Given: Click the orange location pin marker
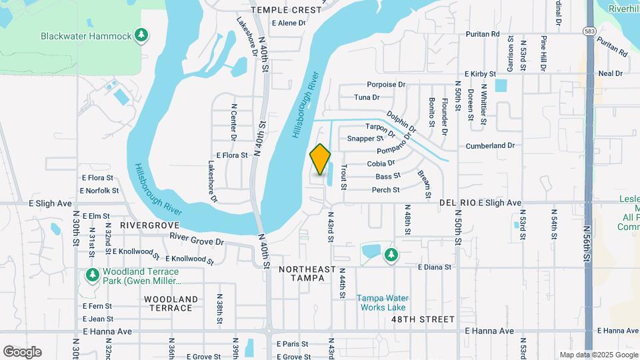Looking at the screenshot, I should click(x=321, y=159).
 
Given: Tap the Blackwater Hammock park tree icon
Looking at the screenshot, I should click(x=141, y=35).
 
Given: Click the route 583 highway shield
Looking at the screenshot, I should click(x=589, y=31).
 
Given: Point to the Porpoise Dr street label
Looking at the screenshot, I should click(x=386, y=85).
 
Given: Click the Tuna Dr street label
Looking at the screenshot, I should click(x=367, y=97).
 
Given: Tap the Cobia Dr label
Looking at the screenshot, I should click(x=381, y=163).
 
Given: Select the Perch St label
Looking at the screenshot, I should click(x=385, y=190).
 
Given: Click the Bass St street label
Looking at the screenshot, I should click(x=387, y=177).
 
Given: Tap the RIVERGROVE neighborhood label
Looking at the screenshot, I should click(x=151, y=226).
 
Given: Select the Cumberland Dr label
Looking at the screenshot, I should click(x=490, y=145).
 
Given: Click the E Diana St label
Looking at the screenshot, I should click(x=435, y=267).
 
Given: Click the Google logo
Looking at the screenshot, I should click(x=22, y=352).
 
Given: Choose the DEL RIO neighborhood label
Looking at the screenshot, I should click(x=457, y=203).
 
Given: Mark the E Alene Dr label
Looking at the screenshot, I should click(x=288, y=23).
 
